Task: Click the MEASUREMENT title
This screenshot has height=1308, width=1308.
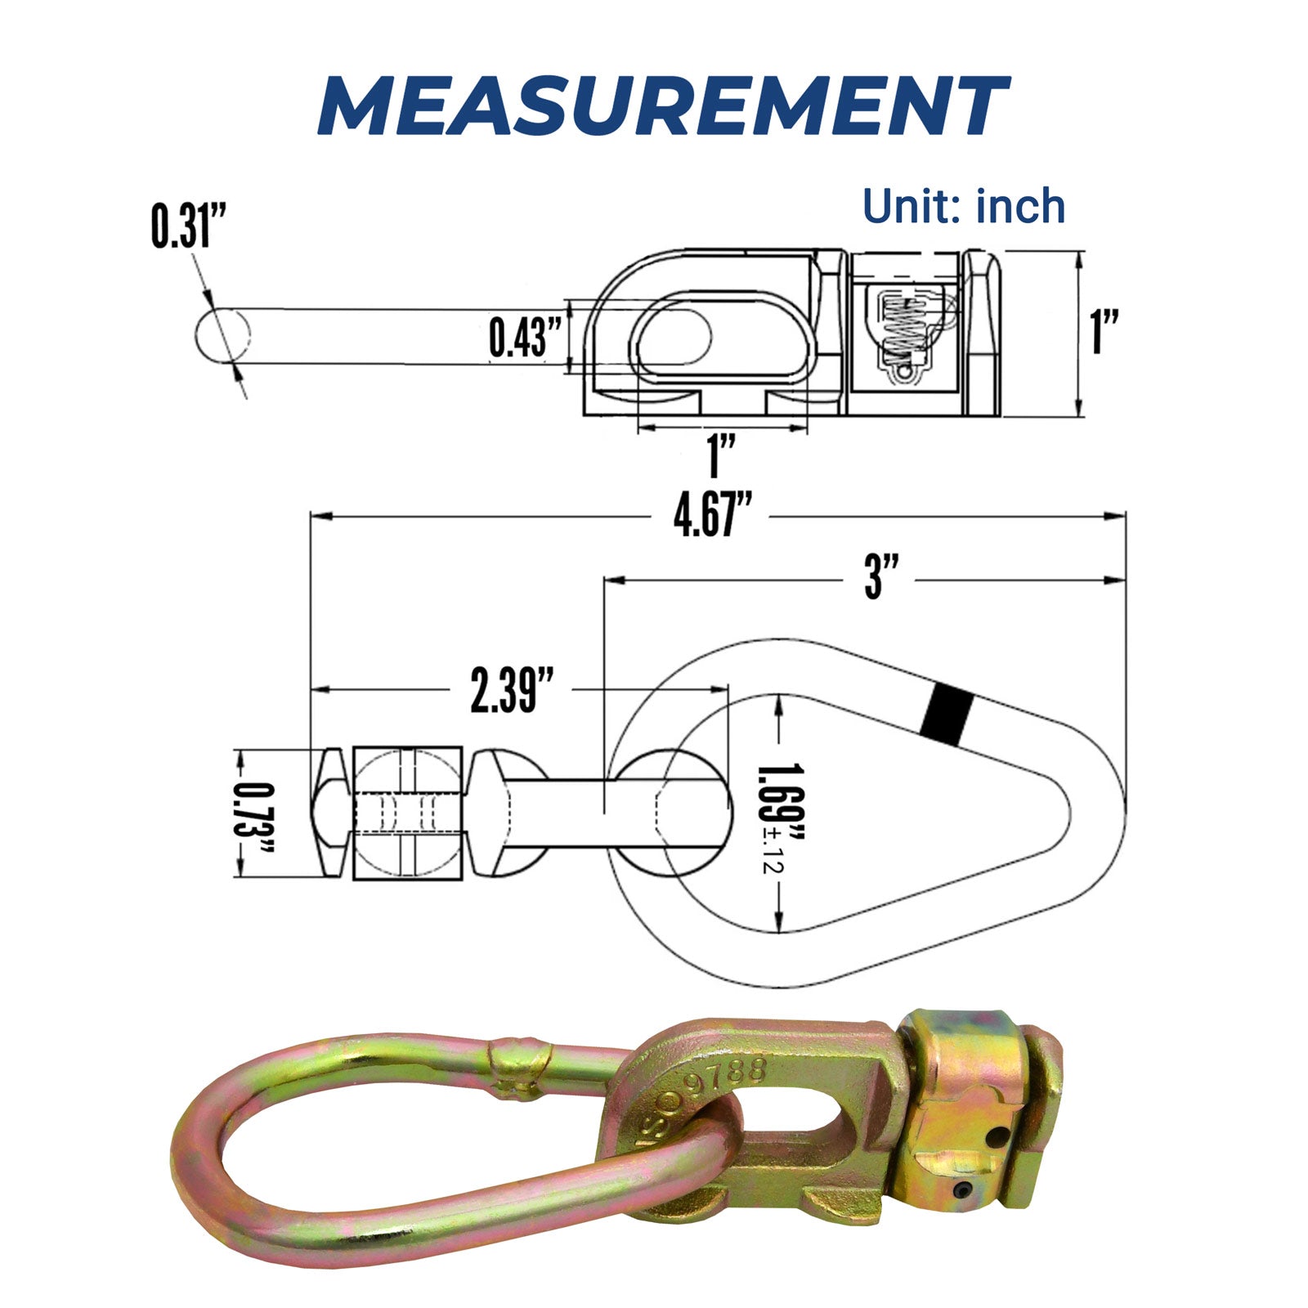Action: point(662,106)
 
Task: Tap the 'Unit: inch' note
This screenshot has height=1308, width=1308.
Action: point(964,206)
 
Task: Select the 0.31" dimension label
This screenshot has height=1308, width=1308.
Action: point(187,226)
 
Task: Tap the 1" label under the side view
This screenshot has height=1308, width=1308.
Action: point(721,455)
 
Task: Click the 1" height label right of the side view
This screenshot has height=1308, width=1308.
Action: point(1105,331)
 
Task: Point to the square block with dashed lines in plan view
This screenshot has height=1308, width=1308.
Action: point(408,813)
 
